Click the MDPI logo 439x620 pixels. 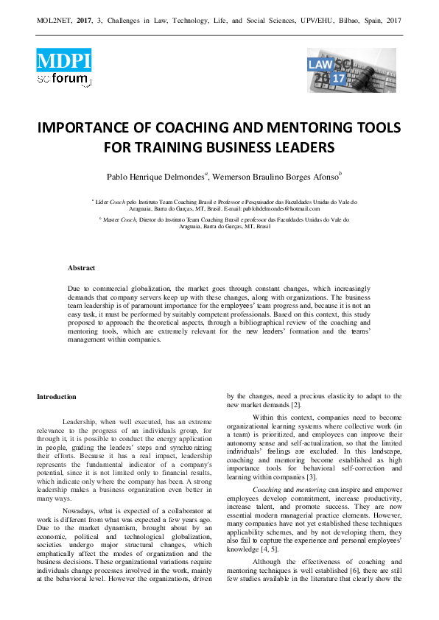[63, 59]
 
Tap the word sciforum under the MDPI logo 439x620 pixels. [63, 78]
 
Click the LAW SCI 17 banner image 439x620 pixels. [351, 70]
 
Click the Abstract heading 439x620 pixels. [81, 268]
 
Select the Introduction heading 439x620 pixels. [57, 398]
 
